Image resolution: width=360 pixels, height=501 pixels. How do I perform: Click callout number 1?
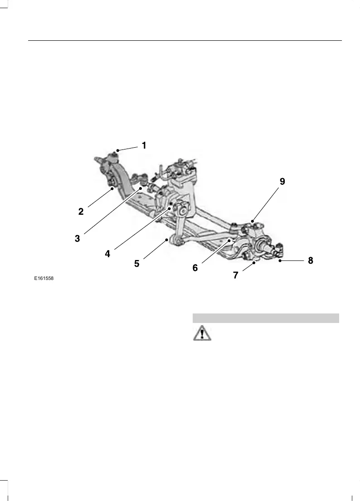(x=144, y=145)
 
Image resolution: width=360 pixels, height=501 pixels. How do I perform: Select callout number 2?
(x=81, y=211)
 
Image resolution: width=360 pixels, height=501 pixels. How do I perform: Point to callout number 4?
(x=107, y=254)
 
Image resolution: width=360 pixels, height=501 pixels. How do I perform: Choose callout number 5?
(x=136, y=263)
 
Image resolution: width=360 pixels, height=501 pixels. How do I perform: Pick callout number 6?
(x=195, y=268)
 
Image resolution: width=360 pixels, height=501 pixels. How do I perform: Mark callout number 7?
(x=236, y=275)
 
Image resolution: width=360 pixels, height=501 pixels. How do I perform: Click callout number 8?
(x=311, y=260)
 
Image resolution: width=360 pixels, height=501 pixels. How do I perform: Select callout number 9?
(x=282, y=182)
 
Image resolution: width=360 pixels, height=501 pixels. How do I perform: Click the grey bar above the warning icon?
(x=266, y=318)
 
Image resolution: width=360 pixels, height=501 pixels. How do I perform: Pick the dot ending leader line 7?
(x=254, y=262)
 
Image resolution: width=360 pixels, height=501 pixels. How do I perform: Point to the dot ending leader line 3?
(x=141, y=187)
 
